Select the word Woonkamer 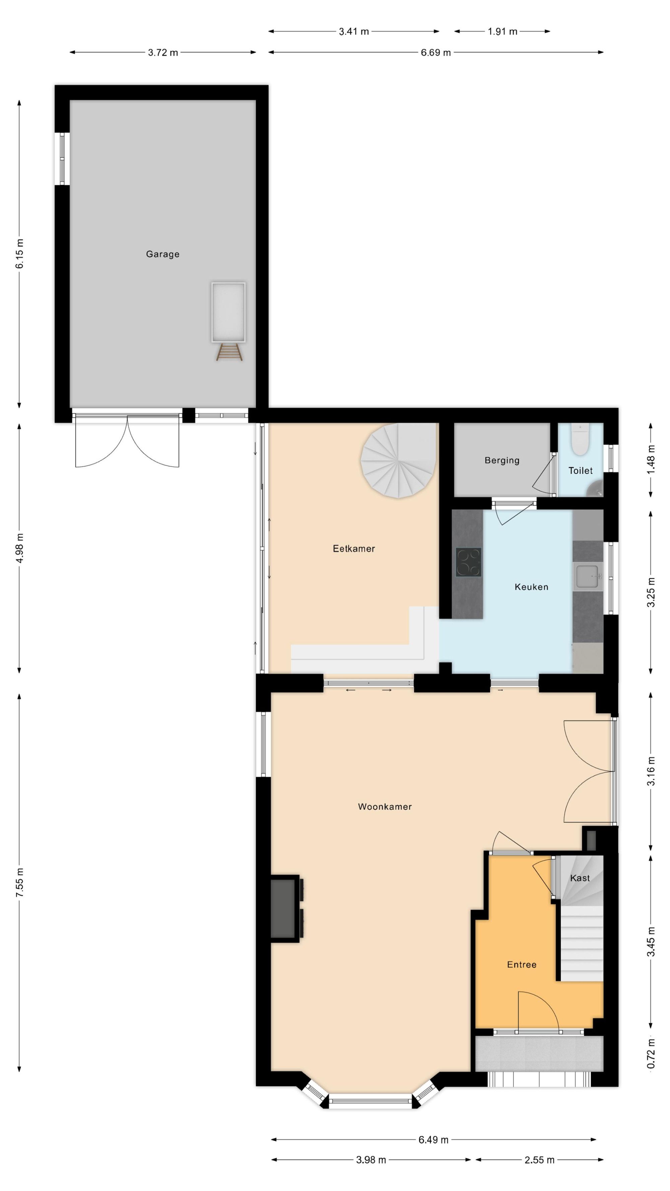(385, 807)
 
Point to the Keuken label (531, 587)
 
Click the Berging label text (502, 461)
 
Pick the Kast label (580, 878)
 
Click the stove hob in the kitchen (468, 562)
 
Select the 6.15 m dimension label (19, 254)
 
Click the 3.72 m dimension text (163, 53)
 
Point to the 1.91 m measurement (502, 31)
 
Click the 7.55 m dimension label (19, 883)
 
